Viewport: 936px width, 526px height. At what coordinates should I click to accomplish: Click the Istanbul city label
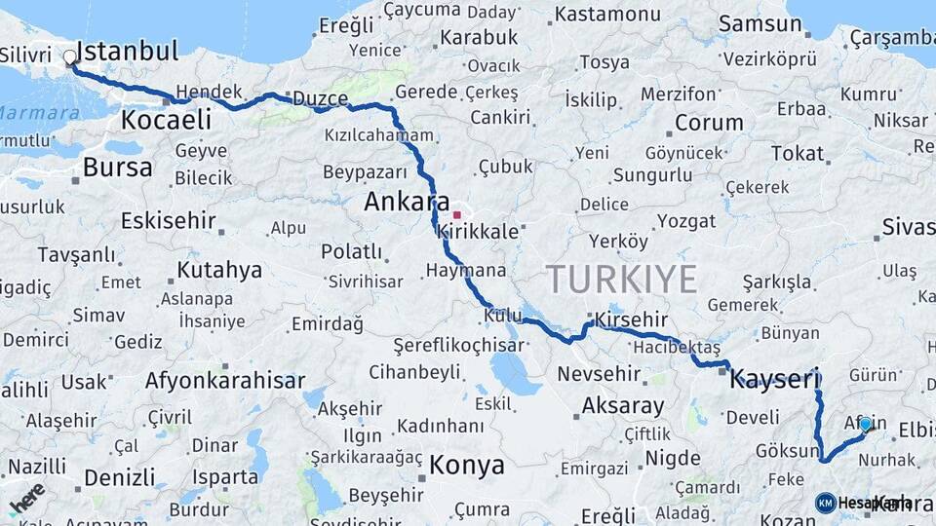(x=127, y=51)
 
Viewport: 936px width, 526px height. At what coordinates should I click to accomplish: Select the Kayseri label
(x=775, y=379)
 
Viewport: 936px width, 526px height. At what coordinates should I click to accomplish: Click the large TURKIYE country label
(x=621, y=280)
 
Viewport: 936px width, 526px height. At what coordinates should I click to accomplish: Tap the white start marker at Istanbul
(x=70, y=57)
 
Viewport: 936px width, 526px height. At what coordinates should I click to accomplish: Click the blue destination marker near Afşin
(x=865, y=425)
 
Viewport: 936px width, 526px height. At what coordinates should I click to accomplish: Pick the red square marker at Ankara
(x=456, y=213)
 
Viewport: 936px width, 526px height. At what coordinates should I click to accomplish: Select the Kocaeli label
(x=166, y=120)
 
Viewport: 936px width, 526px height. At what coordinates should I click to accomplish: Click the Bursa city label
(x=117, y=168)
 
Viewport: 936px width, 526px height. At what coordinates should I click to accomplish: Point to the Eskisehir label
(x=168, y=220)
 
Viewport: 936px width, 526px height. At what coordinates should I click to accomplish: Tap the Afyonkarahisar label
(x=225, y=380)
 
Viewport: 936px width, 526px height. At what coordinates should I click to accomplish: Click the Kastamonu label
(x=606, y=15)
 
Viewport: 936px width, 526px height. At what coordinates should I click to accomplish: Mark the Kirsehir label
(x=631, y=319)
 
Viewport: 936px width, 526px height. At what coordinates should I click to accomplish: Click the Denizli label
(x=119, y=477)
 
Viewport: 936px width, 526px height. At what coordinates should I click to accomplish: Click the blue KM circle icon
(x=826, y=503)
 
